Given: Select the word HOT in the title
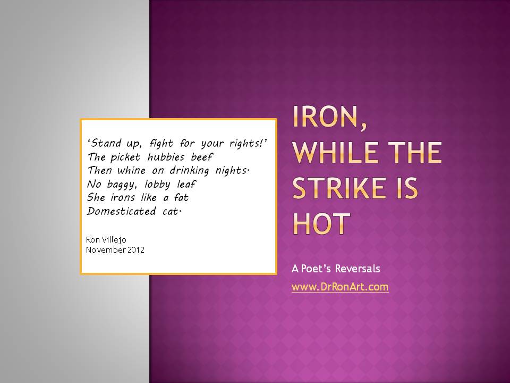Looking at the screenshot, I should click(x=321, y=223).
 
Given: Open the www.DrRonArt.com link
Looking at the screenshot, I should click(x=340, y=287).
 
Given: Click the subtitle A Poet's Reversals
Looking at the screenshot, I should click(x=336, y=269).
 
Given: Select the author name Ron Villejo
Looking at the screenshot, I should click(x=107, y=239).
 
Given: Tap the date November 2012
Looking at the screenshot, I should click(x=115, y=249).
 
